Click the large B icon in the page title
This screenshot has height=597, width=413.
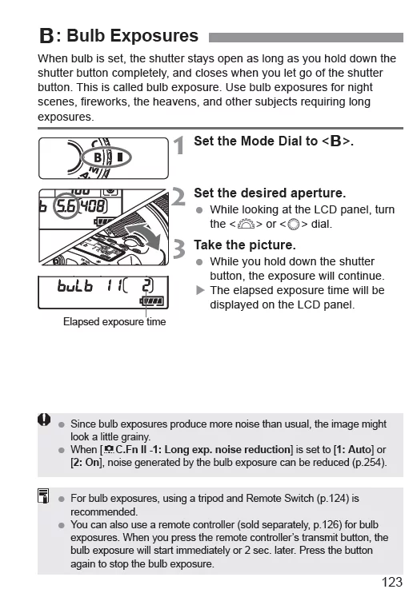pyautogui.click(x=46, y=36)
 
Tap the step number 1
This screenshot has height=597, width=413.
pyautogui.click(x=178, y=145)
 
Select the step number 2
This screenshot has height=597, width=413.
pyautogui.click(x=178, y=197)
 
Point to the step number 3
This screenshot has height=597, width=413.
pyautogui.click(x=178, y=249)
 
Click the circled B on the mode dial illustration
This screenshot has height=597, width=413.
pyautogui.click(x=98, y=157)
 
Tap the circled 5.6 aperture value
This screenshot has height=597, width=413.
pyautogui.click(x=66, y=206)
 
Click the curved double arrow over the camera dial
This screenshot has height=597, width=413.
pyautogui.click(x=144, y=236)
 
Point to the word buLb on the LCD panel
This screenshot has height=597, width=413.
pyautogui.click(x=74, y=285)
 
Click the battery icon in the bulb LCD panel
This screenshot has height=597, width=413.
pyautogui.click(x=152, y=301)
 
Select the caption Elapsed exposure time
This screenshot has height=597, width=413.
pyautogui.click(x=114, y=322)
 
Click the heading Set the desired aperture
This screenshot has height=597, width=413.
pyautogui.click(x=270, y=193)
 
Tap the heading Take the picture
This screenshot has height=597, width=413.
pyautogui.click(x=245, y=245)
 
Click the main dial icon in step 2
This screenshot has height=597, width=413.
pyautogui.click(x=246, y=224)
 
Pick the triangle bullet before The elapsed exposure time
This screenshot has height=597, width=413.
pyautogui.click(x=200, y=290)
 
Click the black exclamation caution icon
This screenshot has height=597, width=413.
pyautogui.click(x=44, y=420)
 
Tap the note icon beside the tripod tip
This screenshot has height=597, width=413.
pyautogui.click(x=43, y=496)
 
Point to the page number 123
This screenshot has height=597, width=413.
pyautogui.click(x=392, y=582)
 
